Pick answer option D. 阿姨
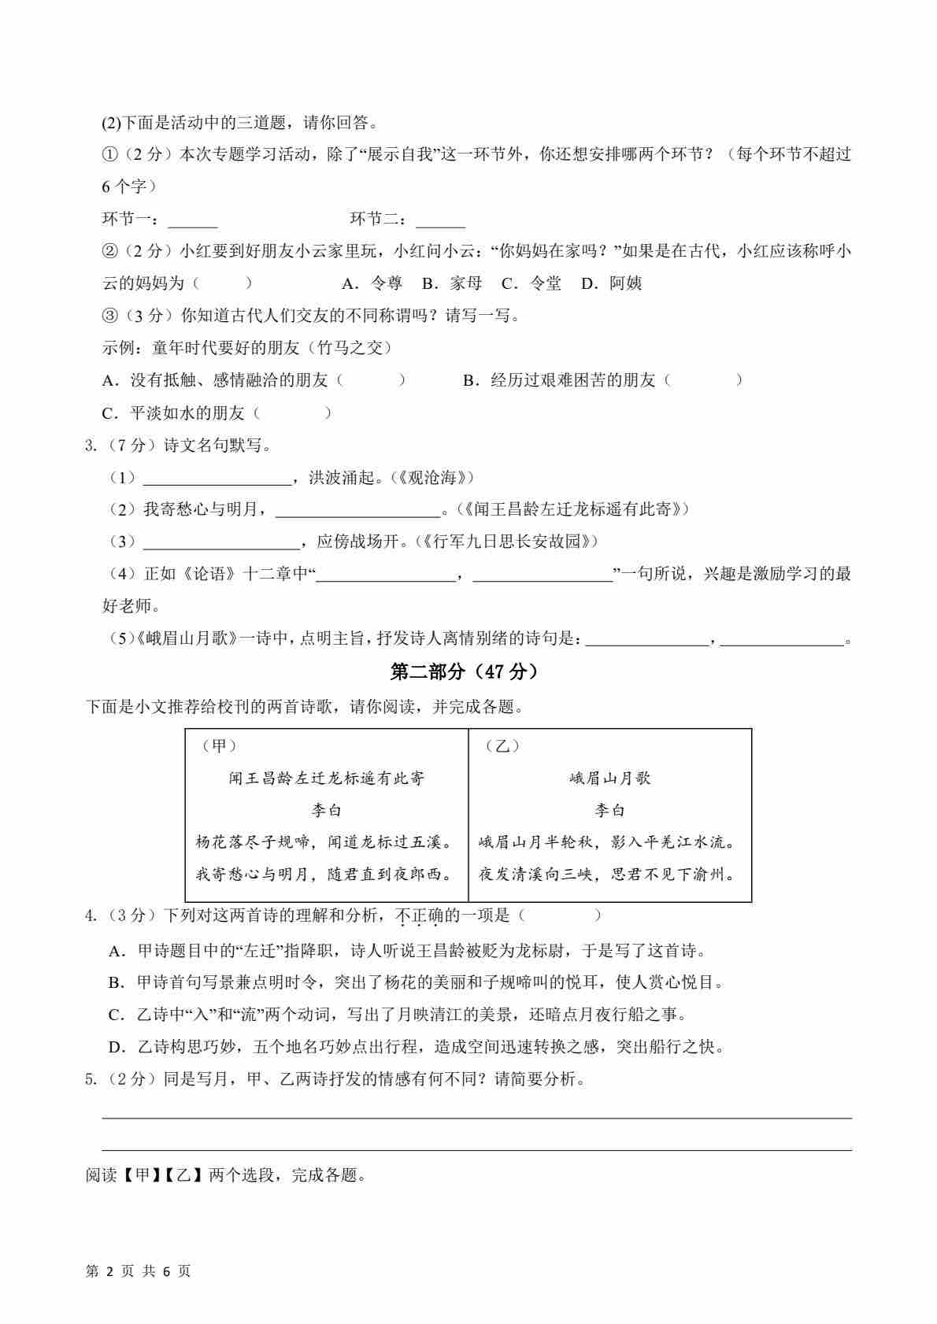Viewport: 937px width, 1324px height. coord(612,283)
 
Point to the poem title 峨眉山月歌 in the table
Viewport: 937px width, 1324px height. coord(610,778)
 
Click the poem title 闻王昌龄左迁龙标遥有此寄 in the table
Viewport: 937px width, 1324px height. coord(327,778)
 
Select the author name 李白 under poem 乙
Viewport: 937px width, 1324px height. coord(610,810)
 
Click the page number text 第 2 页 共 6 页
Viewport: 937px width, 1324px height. coord(138,1271)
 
